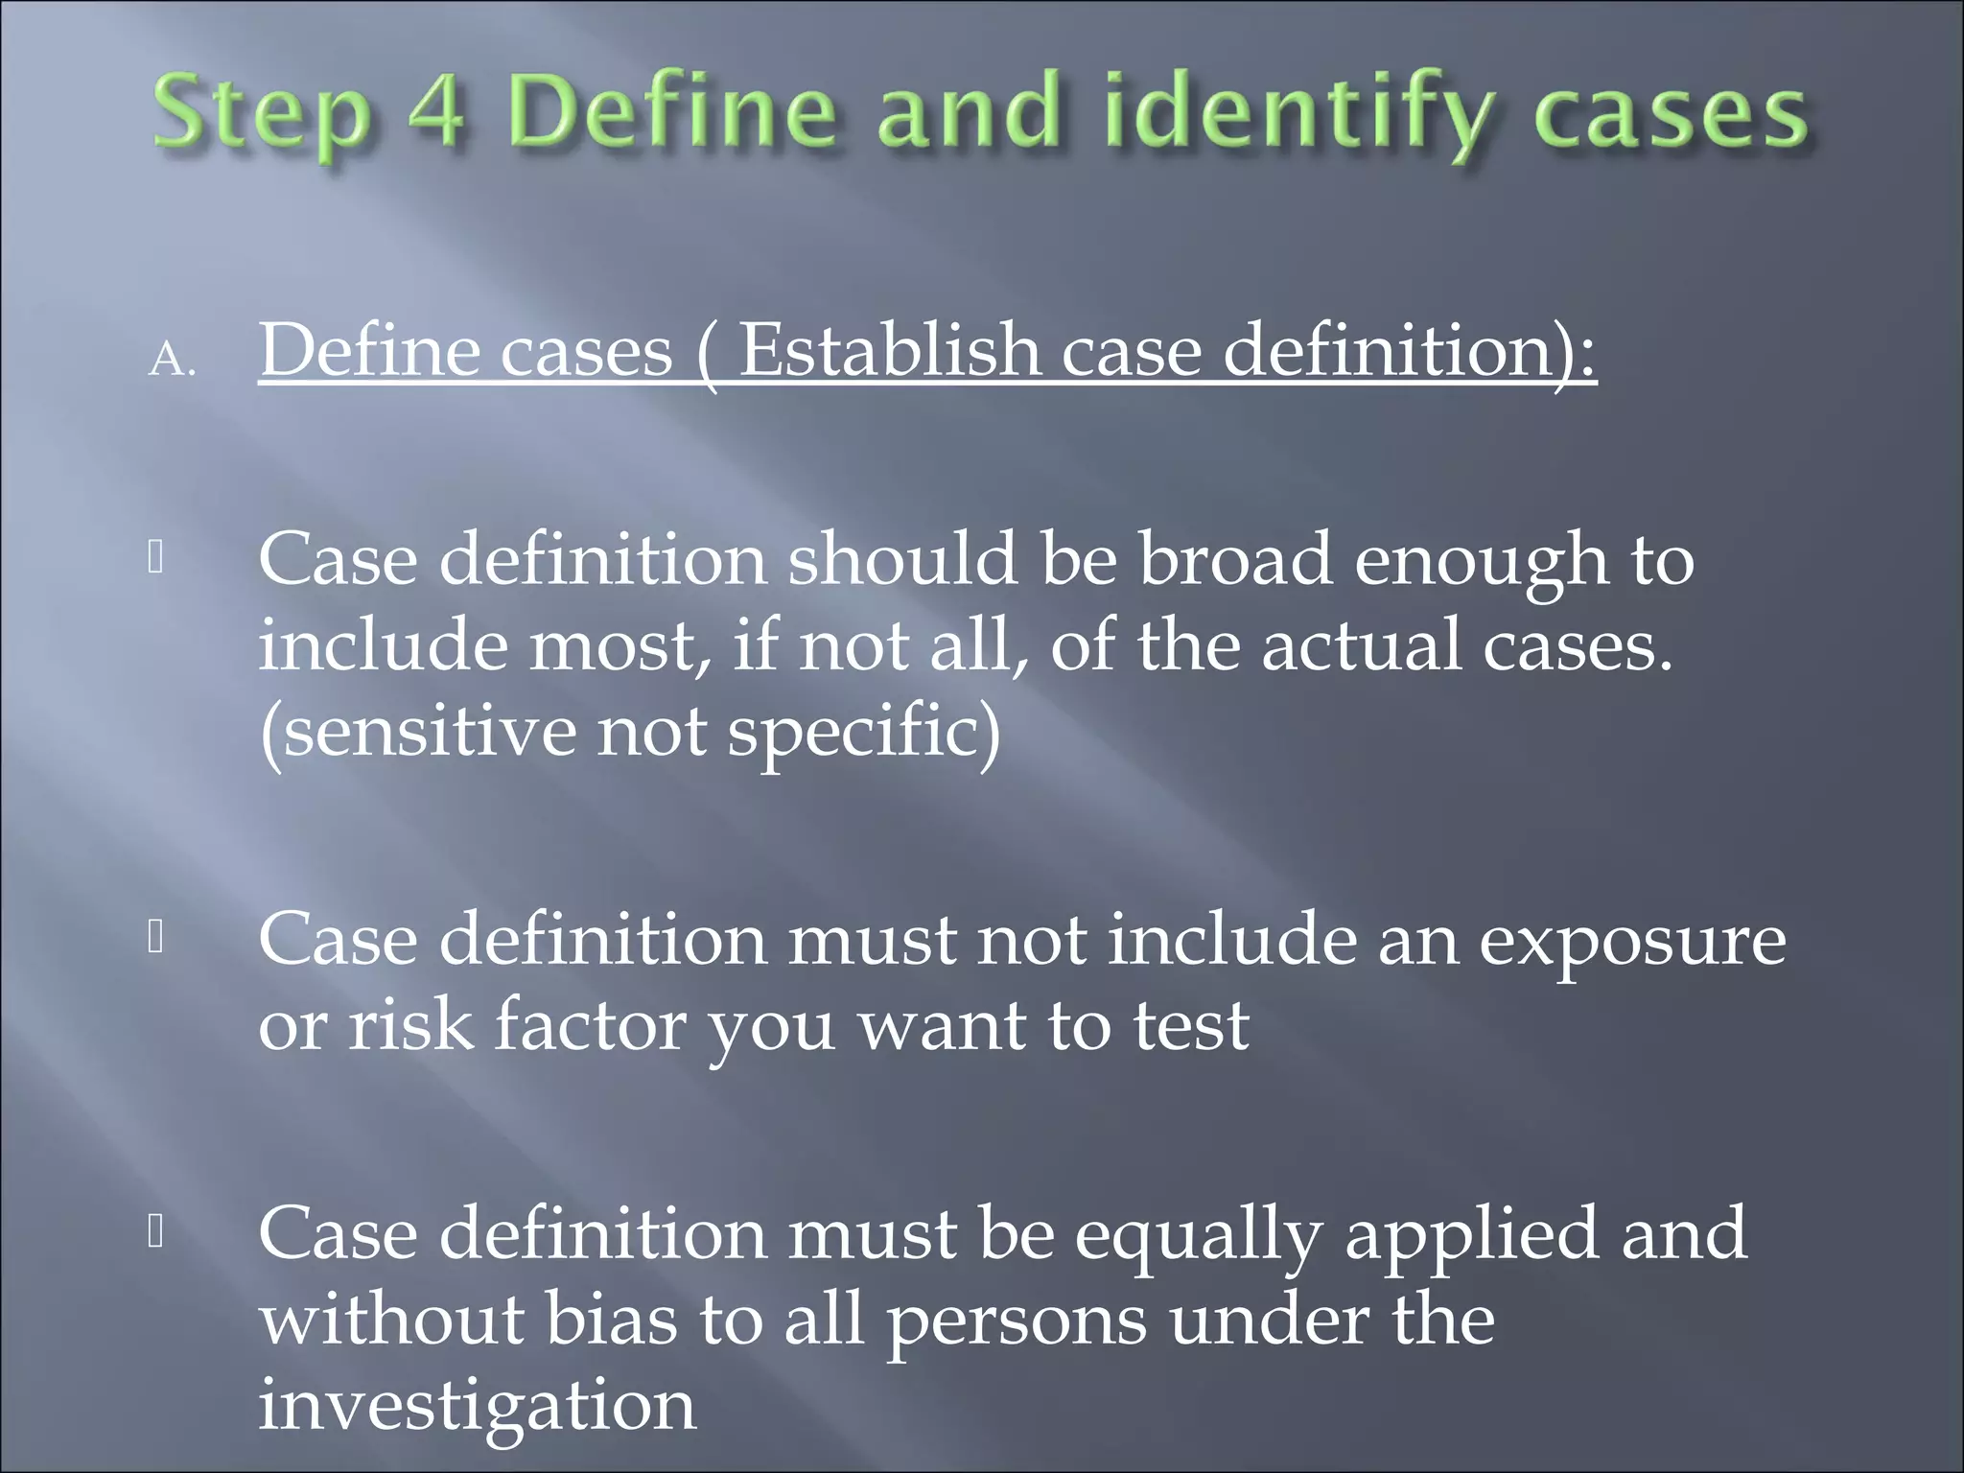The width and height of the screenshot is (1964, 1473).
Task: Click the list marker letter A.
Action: coord(172,362)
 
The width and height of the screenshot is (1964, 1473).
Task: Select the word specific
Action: coord(863,734)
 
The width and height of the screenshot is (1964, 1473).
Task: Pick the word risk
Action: coord(410,1025)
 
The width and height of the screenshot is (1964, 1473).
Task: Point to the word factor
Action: coord(590,1025)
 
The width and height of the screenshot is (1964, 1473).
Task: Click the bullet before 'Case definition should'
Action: coord(156,557)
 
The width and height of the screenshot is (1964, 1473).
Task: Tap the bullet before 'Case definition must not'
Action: coord(156,937)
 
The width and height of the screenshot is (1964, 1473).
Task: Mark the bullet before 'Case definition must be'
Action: coord(156,1231)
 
